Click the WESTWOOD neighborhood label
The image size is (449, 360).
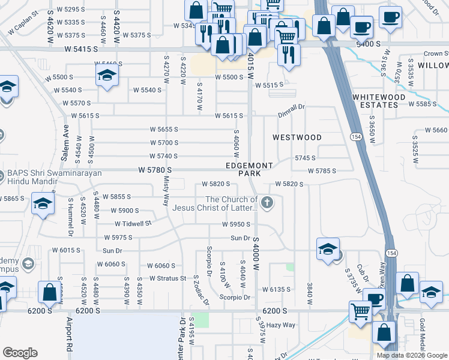pos(297,137)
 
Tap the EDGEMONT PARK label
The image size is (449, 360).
pos(249,169)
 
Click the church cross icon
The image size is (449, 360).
pos(267,204)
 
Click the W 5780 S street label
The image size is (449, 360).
pos(155,170)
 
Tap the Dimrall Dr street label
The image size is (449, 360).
pos(291,107)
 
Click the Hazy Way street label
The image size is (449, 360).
pos(281,325)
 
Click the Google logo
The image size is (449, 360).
pos(20,353)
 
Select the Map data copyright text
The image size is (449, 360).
pos(411,355)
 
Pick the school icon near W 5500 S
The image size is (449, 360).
pos(106,76)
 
